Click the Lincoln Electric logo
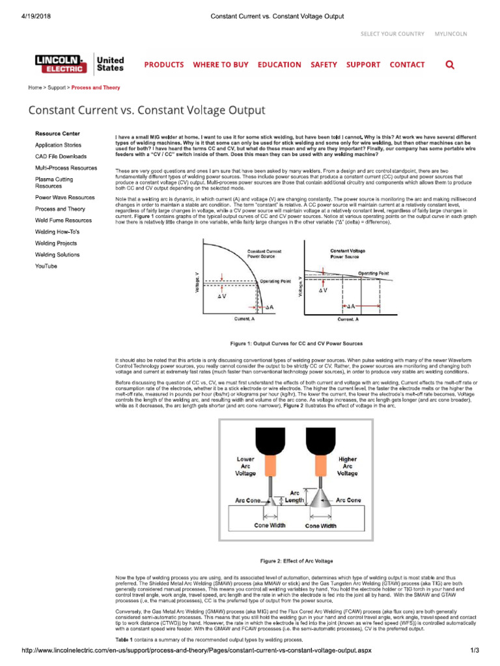tap(62, 64)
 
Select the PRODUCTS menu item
tap(163, 65)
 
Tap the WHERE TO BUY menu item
tap(221, 65)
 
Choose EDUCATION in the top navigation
tap(279, 65)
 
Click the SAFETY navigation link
tap(324, 65)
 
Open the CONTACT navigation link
tap(407, 65)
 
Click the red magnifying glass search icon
tap(450, 65)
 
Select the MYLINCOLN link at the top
tap(451, 34)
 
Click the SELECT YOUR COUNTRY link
tap(393, 34)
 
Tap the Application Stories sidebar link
tap(58, 145)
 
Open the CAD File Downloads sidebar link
tap(61, 157)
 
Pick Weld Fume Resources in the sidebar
tap(63, 220)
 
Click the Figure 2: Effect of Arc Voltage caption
tap(296, 560)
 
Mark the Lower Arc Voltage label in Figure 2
tap(245, 466)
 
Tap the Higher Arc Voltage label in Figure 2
tap(348, 466)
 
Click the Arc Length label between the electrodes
tap(295, 496)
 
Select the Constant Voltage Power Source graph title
tap(348, 253)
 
